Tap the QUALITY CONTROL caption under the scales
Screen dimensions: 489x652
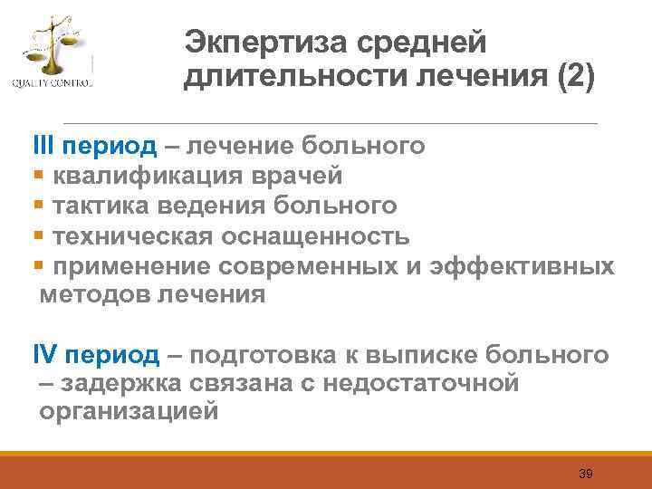52,84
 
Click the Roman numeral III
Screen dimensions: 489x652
43,146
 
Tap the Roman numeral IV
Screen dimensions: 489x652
45,354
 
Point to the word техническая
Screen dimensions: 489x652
129,236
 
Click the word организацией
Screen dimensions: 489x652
129,412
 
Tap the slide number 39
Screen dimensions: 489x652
585,475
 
